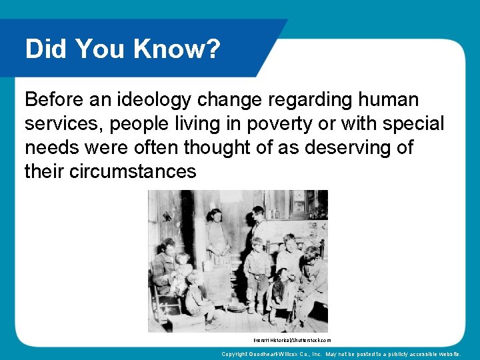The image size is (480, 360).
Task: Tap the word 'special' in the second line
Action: (413, 124)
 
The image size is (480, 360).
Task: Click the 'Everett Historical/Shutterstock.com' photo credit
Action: (292, 340)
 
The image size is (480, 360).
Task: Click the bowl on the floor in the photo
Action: (235, 307)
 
